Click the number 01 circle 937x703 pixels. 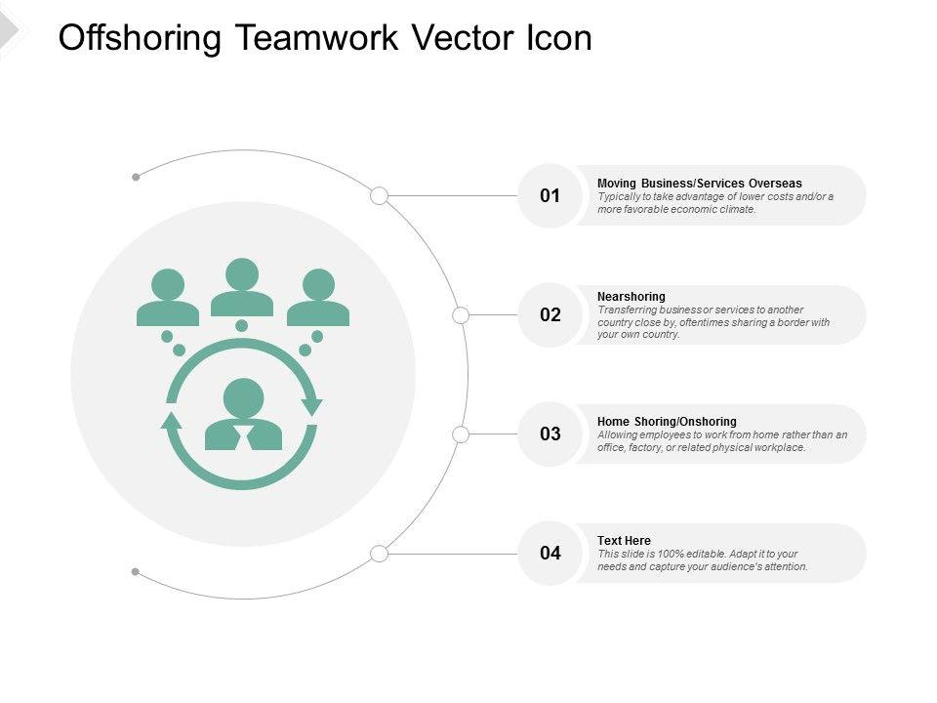pos(550,196)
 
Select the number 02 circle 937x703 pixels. pos(550,315)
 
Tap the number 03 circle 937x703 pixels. pos(550,434)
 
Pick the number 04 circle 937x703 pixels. pos(550,554)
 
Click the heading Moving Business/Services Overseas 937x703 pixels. pos(699,184)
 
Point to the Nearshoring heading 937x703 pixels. pos(631,296)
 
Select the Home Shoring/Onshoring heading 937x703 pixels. pos(667,422)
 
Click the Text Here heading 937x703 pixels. pos(624,541)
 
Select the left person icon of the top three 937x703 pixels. pos(168,298)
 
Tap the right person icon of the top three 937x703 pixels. pos(318,298)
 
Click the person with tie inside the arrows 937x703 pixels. pos(243,415)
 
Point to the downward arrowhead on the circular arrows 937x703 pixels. pos(312,406)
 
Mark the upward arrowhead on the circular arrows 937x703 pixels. pos(172,421)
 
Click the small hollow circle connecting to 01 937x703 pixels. pos(380,196)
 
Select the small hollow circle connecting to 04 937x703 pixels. pos(380,554)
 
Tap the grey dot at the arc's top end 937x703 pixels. pos(136,178)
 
